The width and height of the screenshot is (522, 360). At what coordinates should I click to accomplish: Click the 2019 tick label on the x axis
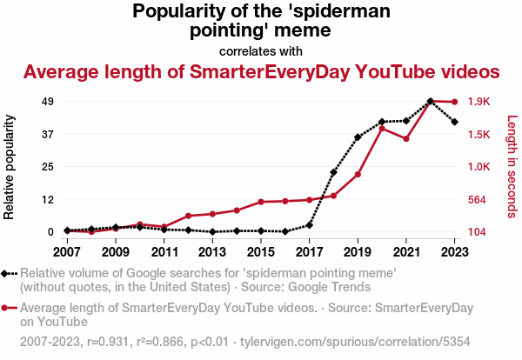pos(358,252)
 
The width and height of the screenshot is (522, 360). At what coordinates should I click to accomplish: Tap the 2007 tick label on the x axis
pos(67,252)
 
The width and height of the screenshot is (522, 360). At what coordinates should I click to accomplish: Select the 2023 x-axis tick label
pos(454,252)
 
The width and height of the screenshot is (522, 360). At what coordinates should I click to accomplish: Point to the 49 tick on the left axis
pos(49,102)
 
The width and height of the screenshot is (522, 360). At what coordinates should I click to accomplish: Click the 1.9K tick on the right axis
pos(479,102)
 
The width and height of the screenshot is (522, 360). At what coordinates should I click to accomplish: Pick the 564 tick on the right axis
pos(478,199)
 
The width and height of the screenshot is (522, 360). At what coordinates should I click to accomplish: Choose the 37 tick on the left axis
pos(49,134)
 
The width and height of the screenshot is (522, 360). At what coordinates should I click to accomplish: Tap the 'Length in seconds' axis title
pos(512,167)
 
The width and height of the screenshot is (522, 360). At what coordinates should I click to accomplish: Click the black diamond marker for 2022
pos(431,101)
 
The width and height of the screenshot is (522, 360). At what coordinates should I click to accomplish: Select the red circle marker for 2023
pos(454,103)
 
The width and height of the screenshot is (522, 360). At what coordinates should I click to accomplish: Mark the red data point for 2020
pos(382,129)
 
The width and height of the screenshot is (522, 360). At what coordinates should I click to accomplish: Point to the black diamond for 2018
pos(333,172)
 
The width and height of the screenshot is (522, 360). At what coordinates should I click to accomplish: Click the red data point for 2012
pos(188,216)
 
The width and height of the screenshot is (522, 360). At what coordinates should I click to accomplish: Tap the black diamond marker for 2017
pos(309,225)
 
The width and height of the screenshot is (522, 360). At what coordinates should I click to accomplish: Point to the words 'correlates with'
pos(261,50)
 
